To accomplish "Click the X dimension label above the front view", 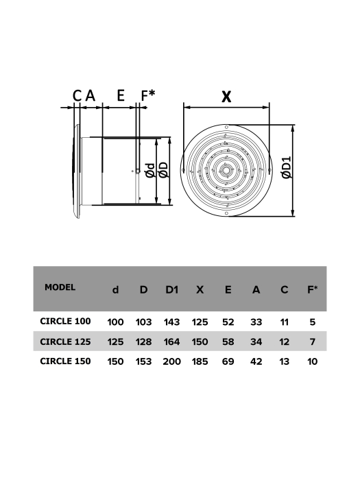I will [x=226, y=97].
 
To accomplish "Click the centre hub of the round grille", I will [x=225, y=169].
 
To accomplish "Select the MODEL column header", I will [x=60, y=287].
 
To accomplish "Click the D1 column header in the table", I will [x=171, y=290].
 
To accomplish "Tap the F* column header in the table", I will [x=312, y=290].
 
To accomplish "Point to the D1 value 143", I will [x=171, y=321].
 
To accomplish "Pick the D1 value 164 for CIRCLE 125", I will [x=171, y=341].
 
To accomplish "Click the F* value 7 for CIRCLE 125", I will [x=313, y=341].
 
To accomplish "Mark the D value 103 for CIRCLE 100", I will [x=143, y=321].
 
